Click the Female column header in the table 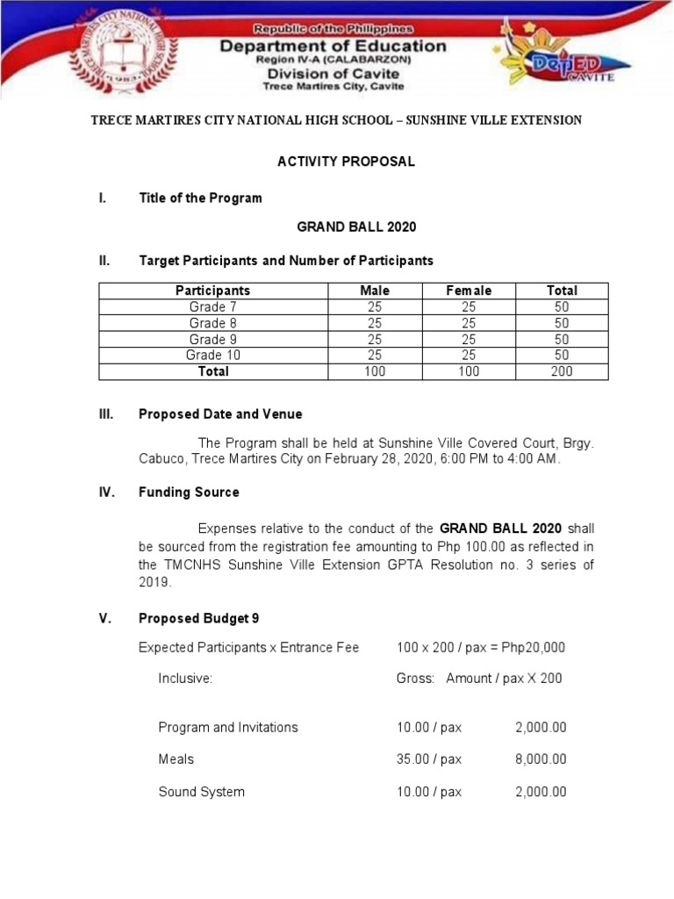click(469, 291)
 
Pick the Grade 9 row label click(212, 339)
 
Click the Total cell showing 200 click(562, 371)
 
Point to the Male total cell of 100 click(375, 371)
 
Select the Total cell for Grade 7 click(562, 307)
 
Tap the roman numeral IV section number click(107, 493)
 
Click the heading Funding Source click(189, 493)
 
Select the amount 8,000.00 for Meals click(541, 759)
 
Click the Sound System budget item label click(201, 792)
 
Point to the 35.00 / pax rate click(428, 759)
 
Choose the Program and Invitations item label click(228, 727)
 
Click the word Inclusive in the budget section click(185, 679)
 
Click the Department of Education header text click(333, 47)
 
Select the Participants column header click(212, 291)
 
